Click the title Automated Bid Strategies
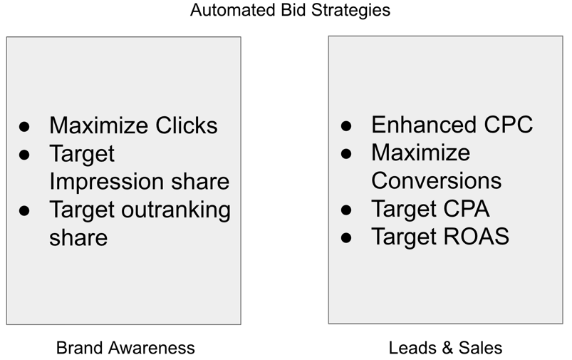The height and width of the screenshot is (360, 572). pyautogui.click(x=290, y=11)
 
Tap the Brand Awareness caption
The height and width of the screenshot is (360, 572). pyautogui.click(x=125, y=348)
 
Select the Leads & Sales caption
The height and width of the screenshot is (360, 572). pyautogui.click(x=445, y=348)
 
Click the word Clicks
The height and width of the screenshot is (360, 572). pyautogui.click(x=187, y=125)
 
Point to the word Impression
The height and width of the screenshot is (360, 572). pyautogui.click(x=108, y=182)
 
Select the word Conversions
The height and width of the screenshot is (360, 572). pyautogui.click(x=436, y=181)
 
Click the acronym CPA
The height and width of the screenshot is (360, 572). pyautogui.click(x=466, y=209)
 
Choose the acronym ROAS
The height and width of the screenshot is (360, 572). pyautogui.click(x=476, y=237)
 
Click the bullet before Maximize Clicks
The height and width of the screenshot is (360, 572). pyautogui.click(x=24, y=127)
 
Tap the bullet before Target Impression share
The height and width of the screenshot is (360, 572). pyautogui.click(x=24, y=155)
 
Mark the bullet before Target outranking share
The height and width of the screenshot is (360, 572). pyautogui.click(x=24, y=211)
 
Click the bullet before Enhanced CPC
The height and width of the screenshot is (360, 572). pyautogui.click(x=346, y=126)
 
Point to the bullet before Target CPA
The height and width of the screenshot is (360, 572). pyautogui.click(x=346, y=210)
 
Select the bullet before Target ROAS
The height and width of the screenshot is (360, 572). pyautogui.click(x=346, y=237)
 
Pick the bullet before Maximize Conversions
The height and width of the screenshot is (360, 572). pyautogui.click(x=346, y=154)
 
